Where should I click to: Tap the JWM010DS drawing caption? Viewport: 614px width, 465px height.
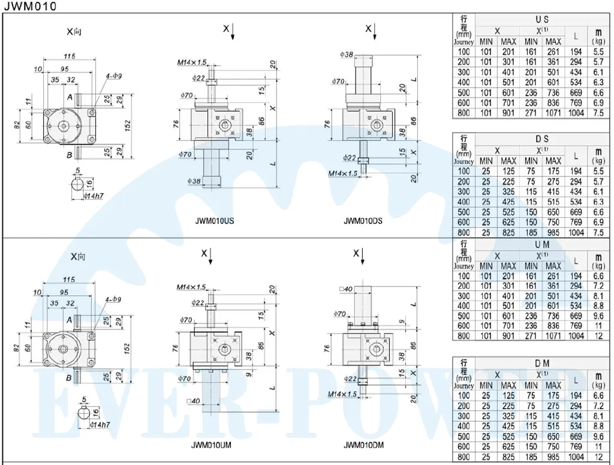363,221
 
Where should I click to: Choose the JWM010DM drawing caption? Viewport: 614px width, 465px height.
363,446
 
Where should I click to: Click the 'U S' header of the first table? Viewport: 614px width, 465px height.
542,20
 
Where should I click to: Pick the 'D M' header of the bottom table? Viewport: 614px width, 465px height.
542,364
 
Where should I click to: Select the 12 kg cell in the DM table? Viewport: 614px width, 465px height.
597,457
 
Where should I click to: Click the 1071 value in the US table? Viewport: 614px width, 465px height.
553,113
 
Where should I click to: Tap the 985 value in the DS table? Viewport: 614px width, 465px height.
553,232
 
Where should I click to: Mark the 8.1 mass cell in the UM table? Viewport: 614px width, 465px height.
597,296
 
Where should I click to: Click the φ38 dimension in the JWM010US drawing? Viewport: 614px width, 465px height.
193,181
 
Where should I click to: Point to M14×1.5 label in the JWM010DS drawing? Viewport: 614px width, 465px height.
342,173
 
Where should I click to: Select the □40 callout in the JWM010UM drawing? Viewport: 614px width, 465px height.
193,401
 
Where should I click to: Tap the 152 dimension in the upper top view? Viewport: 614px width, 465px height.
128,124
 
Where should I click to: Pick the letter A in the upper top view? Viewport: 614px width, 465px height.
70,97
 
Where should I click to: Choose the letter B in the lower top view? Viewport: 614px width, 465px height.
70,377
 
